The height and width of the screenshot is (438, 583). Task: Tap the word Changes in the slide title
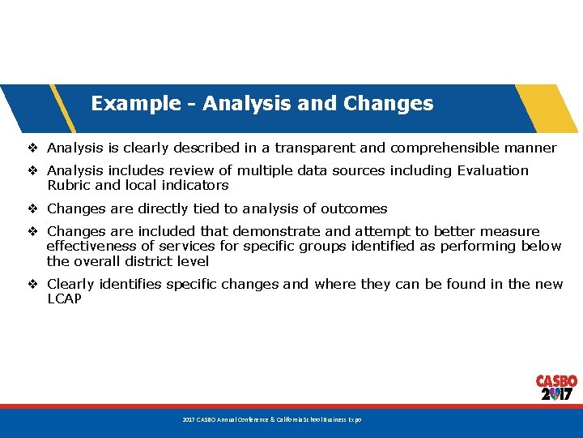click(x=388, y=104)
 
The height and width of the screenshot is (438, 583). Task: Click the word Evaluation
click(x=492, y=170)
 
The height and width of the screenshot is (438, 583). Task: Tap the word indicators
click(x=193, y=185)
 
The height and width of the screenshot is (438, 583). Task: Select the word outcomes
click(x=355, y=208)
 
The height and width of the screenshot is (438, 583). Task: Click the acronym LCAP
click(x=65, y=298)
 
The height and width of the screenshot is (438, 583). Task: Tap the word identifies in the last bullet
click(x=130, y=284)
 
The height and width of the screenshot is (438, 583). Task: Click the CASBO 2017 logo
click(x=556, y=388)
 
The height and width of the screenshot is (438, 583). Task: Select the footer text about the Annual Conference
click(x=271, y=419)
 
